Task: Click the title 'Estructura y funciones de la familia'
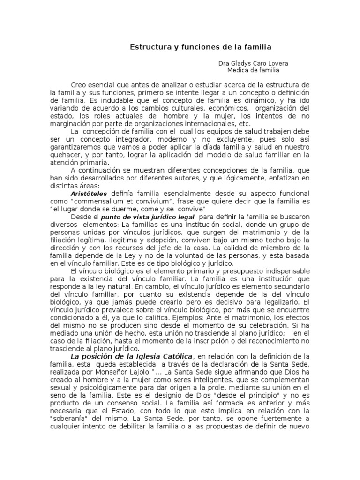[x=200, y=47]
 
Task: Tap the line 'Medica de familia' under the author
[x=253, y=71]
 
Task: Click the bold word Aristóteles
[x=89, y=193]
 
